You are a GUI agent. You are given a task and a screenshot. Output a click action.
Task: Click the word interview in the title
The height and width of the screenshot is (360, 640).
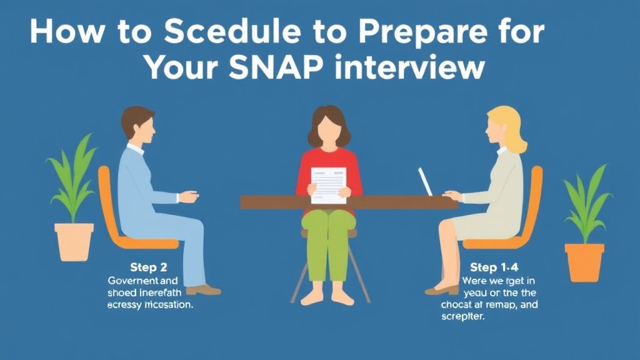pyautogui.click(x=409, y=67)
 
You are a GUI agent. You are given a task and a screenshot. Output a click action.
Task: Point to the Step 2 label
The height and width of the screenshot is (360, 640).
pyautogui.click(x=148, y=268)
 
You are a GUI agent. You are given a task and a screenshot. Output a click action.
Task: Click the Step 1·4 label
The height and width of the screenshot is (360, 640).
pyautogui.click(x=493, y=268)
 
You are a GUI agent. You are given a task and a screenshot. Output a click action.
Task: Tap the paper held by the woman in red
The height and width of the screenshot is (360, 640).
pyautogui.click(x=328, y=185)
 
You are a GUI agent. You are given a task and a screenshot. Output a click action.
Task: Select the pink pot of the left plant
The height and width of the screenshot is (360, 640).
pyautogui.click(x=74, y=241)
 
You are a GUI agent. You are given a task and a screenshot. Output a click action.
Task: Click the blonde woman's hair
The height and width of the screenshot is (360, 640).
pyautogui.click(x=511, y=127)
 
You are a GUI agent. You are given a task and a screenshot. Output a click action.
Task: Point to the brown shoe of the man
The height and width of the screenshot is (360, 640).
pyautogui.click(x=203, y=289)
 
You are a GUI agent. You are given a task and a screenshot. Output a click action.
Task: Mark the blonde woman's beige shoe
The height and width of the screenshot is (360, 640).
pyautogui.click(x=441, y=289)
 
